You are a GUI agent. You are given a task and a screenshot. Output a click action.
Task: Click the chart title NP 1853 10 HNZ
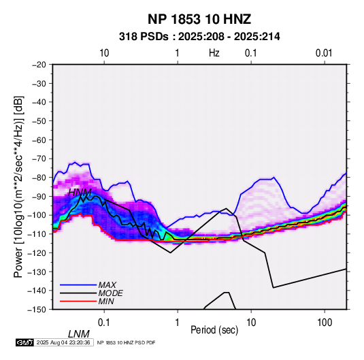click(x=199, y=19)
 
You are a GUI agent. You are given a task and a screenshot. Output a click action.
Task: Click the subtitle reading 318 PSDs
click(x=144, y=37)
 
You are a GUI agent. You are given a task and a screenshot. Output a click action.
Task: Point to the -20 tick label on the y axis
click(x=39, y=65)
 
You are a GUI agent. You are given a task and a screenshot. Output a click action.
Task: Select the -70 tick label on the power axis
click(x=39, y=159)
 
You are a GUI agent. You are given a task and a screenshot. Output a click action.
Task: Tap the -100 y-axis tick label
click(x=37, y=215)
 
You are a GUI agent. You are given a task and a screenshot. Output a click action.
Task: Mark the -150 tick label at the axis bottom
click(x=37, y=310)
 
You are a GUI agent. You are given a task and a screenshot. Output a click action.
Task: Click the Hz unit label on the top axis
click(x=214, y=53)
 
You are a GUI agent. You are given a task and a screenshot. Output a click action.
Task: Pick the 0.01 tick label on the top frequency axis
click(x=324, y=53)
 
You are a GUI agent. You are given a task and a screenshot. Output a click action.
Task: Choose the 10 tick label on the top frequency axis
click(x=104, y=53)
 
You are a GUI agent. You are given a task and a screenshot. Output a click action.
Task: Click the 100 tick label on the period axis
click(x=325, y=323)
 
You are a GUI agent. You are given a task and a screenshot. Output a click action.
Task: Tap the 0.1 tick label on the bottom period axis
click(x=104, y=323)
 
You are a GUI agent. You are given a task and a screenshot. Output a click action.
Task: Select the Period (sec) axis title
click(x=214, y=330)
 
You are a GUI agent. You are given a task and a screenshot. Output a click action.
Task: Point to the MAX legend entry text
click(x=107, y=285)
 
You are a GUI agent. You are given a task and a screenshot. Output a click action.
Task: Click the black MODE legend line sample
click(x=78, y=293)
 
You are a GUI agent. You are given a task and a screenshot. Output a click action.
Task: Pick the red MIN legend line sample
click(x=78, y=301)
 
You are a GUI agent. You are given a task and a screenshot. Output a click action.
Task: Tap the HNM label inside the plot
click(x=80, y=193)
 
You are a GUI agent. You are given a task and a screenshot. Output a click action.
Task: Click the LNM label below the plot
click(x=78, y=334)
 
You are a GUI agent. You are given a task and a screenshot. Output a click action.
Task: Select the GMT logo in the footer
click(x=24, y=342)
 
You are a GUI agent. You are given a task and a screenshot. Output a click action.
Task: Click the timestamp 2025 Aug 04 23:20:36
click(x=63, y=342)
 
